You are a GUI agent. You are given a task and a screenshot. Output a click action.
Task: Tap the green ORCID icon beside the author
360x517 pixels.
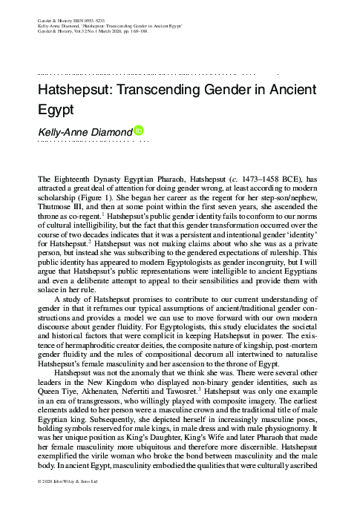(138, 131)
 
